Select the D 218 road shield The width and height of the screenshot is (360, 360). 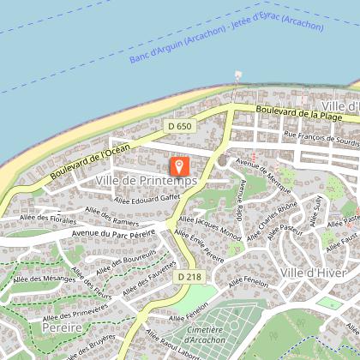[190, 278]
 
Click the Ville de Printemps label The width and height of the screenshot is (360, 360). [147, 181]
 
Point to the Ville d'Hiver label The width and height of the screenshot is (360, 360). [312, 273]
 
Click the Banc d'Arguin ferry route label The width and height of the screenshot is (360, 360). [226, 41]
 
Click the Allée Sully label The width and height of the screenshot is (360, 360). [315, 209]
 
